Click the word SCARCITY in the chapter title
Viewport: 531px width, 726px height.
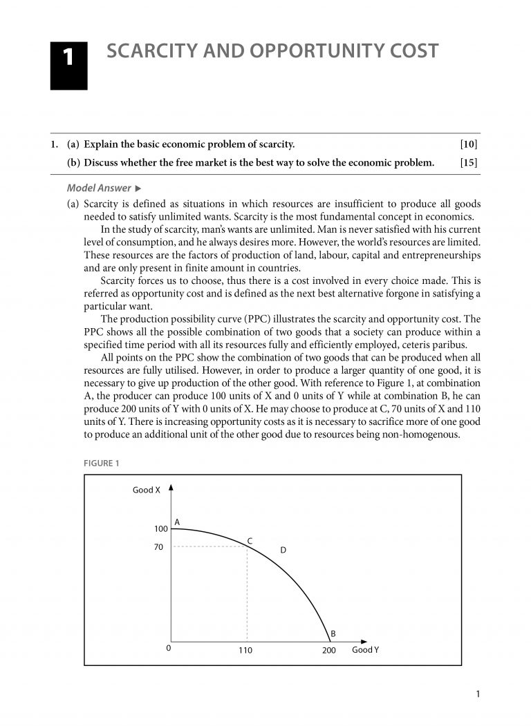point(153,51)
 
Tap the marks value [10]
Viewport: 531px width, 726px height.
point(468,144)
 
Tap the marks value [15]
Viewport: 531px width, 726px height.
point(468,163)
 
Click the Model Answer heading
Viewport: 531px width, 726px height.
point(99,188)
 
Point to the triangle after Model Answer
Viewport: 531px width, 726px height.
point(138,188)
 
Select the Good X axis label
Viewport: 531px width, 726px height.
point(147,490)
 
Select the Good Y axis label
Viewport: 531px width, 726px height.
point(365,649)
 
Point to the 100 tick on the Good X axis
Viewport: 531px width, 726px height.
point(160,528)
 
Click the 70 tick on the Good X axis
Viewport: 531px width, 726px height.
point(158,547)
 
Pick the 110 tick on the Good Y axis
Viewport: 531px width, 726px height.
point(245,651)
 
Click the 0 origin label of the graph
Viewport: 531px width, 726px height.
point(168,649)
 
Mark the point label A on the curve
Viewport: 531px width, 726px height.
point(177,522)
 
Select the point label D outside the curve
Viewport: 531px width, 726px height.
point(283,550)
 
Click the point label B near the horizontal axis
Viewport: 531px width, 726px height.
point(333,633)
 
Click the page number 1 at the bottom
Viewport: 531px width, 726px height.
point(478,694)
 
